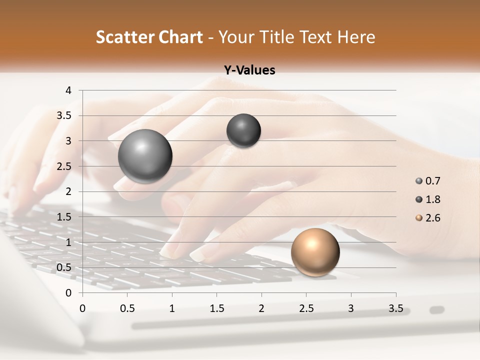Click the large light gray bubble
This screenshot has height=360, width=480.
click(x=145, y=156)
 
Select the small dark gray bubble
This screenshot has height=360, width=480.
click(x=243, y=130)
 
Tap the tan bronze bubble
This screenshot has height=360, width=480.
click(x=315, y=252)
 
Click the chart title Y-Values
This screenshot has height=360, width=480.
click(x=249, y=70)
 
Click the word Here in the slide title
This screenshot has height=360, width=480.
click(x=356, y=37)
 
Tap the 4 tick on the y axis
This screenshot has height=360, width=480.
click(x=69, y=90)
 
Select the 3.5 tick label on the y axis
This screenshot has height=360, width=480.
click(x=64, y=115)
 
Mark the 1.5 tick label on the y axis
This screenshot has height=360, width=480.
click(x=64, y=217)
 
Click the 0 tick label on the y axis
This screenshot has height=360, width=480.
click(x=69, y=292)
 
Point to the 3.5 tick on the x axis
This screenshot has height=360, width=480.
click(x=396, y=308)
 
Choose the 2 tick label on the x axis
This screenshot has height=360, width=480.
click(x=261, y=308)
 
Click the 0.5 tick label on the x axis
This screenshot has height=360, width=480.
click(x=127, y=308)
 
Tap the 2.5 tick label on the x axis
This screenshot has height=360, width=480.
click(x=306, y=308)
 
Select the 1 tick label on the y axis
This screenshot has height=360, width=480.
click(x=69, y=242)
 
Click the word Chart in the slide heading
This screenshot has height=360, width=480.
click(x=181, y=37)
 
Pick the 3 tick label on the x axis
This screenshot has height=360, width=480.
click(x=351, y=308)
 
